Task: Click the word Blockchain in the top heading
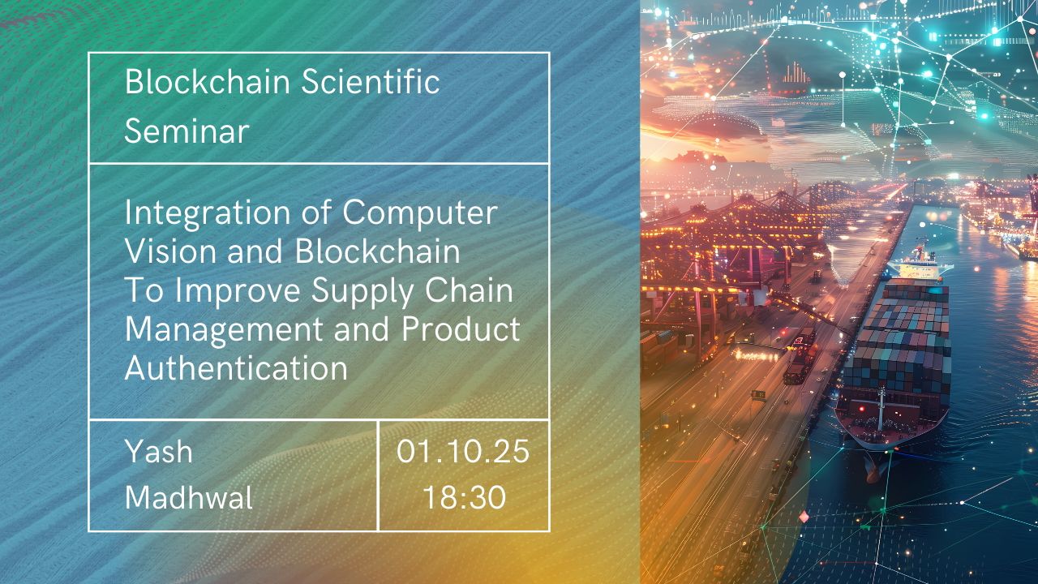(208, 82)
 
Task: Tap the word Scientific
(371, 82)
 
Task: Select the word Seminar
(187, 131)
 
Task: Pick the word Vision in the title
(170, 251)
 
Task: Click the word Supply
(362, 292)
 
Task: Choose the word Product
(461, 329)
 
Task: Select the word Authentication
(236, 368)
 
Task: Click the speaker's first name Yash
(158, 452)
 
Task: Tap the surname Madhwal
(189, 498)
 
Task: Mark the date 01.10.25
(463, 452)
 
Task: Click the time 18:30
(465, 497)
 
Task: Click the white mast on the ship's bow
(881, 409)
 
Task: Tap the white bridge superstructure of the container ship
(920, 268)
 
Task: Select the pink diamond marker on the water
(804, 516)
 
